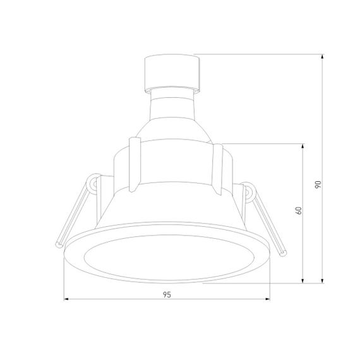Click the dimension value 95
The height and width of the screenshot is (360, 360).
[167, 294]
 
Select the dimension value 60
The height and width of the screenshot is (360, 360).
[297, 212]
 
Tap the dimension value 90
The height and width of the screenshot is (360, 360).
[318, 184]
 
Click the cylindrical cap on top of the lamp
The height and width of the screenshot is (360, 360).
[172, 71]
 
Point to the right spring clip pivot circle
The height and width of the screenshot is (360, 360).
[248, 191]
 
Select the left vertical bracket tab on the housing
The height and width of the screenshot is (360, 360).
[133, 163]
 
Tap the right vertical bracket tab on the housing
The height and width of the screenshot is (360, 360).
[218, 167]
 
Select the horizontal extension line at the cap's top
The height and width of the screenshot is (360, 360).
[259, 54]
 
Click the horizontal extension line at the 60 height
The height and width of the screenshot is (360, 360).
[265, 143]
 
